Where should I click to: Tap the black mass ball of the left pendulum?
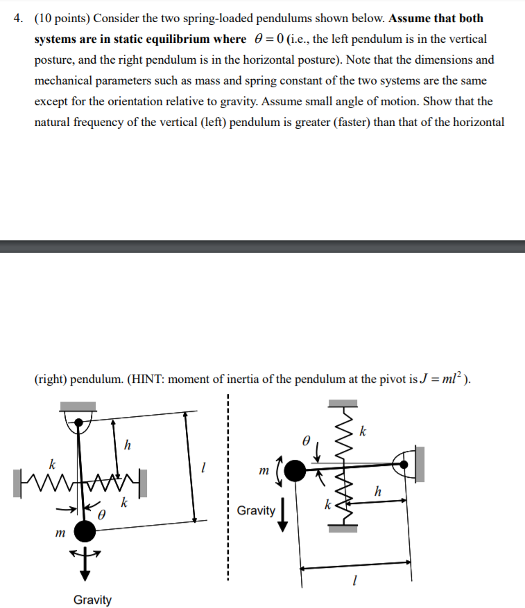pyautogui.click(x=85, y=531)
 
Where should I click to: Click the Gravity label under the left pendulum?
pyautogui.click(x=92, y=600)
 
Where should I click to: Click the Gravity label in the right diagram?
pyautogui.click(x=256, y=510)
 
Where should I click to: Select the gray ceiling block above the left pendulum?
pyautogui.click(x=79, y=406)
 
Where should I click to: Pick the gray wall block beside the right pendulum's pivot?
pyautogui.click(x=419, y=463)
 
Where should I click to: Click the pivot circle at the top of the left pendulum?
pyautogui.click(x=79, y=421)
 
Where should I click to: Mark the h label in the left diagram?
pyautogui.click(x=126, y=444)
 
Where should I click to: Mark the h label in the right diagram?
pyautogui.click(x=377, y=491)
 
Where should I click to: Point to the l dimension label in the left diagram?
pyautogui.click(x=203, y=469)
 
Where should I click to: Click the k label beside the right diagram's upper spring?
pyautogui.click(x=362, y=433)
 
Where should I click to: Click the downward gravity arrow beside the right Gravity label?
pyautogui.click(x=283, y=516)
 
